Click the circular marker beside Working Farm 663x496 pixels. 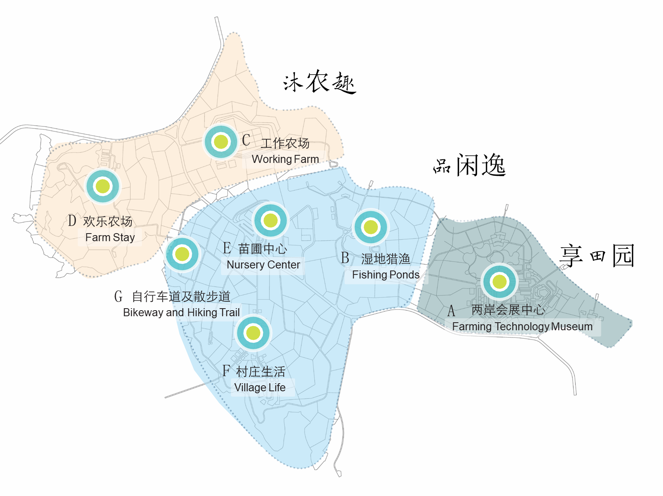coord(221,142)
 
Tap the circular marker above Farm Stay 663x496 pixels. coord(103,186)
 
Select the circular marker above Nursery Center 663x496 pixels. coord(270,220)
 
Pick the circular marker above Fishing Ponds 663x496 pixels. coord(370,227)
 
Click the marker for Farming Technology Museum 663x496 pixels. coord(499,282)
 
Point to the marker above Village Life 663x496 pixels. coord(253,333)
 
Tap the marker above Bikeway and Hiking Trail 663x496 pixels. coord(182,254)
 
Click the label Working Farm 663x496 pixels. coord(285,159)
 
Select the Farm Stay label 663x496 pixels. coord(110,238)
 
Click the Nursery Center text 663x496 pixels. coord(263,265)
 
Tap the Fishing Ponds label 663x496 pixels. coord(385,275)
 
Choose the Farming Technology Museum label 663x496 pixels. coord(522,327)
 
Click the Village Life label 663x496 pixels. coord(260,388)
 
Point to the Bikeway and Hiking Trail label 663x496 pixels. coord(181,313)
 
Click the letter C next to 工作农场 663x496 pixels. coord(246,140)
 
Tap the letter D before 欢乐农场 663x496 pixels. coord(72,221)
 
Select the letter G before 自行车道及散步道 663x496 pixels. coord(118,297)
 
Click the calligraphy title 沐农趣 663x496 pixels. coord(319,83)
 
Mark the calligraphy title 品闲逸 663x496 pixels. coord(469,165)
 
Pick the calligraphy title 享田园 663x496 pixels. coord(597,256)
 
